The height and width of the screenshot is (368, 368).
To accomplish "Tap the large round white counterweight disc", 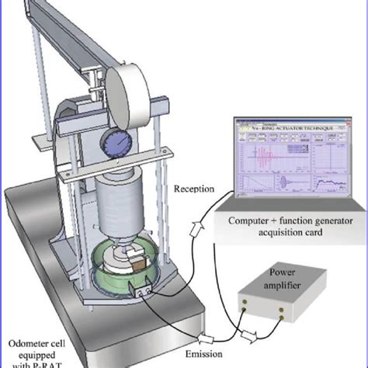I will click(127, 96).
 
